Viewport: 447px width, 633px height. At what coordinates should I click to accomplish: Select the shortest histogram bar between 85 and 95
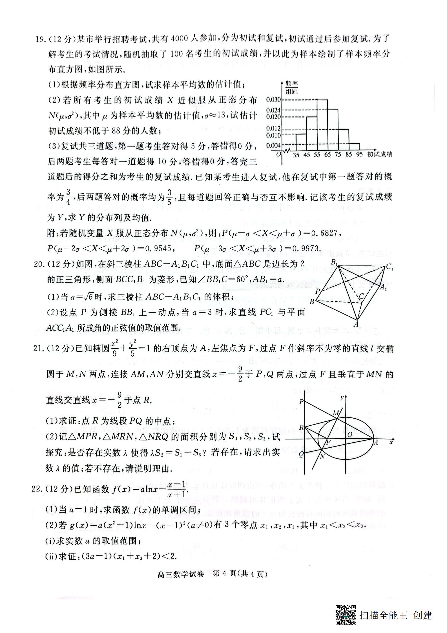[354, 147]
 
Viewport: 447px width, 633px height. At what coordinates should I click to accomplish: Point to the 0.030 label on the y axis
[273, 100]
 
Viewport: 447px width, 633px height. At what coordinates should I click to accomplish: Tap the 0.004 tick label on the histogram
[273, 145]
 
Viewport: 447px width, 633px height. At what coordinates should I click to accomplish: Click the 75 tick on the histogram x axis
[338, 155]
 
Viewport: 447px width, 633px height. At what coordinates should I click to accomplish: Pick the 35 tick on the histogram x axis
[296, 155]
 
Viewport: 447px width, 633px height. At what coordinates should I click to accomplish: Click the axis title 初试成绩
[380, 154]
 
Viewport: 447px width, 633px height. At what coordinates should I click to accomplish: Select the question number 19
[40, 39]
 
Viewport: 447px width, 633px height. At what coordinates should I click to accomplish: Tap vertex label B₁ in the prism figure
[334, 263]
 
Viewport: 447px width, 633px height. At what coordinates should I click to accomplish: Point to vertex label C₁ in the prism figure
[390, 267]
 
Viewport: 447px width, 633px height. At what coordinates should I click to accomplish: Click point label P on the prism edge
[318, 291]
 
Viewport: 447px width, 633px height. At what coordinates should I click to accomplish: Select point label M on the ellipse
[336, 413]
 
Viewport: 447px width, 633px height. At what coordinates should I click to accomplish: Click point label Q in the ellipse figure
[301, 454]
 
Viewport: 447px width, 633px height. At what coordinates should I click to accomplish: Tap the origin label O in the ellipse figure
[350, 435]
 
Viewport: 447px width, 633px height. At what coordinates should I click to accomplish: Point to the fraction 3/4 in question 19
[68, 197]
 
